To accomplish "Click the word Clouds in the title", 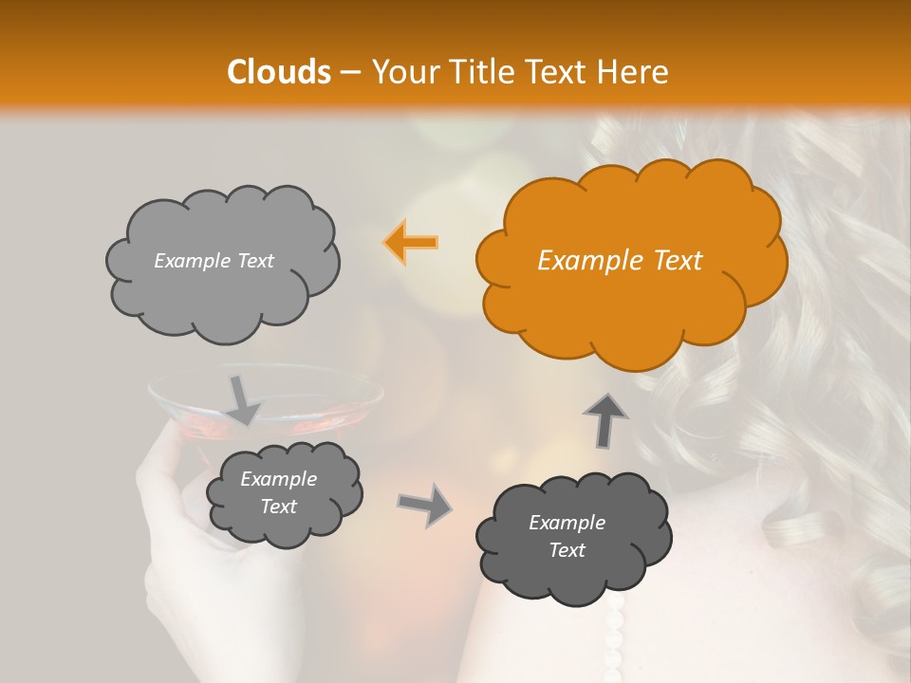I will (x=279, y=72).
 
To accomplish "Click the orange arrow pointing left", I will (x=410, y=243).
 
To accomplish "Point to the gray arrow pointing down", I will (x=242, y=399).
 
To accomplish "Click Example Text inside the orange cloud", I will (x=620, y=261).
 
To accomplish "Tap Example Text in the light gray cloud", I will (x=214, y=261).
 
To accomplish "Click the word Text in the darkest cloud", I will (x=567, y=550).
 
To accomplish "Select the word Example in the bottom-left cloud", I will (x=278, y=479).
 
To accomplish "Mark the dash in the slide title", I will (x=350, y=73).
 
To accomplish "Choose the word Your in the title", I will (x=400, y=72).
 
